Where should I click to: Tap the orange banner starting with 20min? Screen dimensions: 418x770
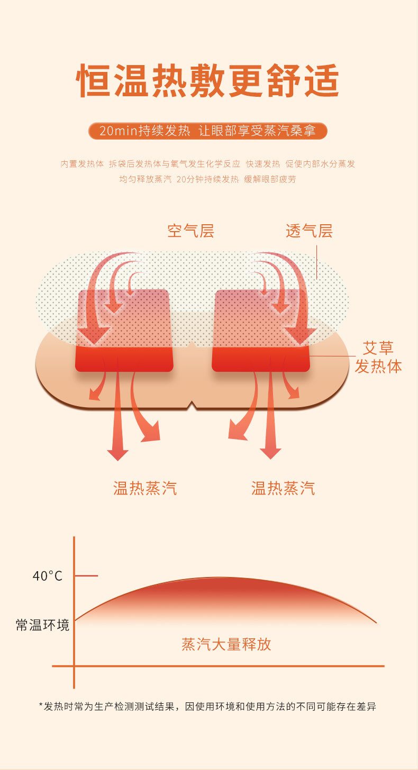[x=208, y=131]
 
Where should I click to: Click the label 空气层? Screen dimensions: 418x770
[x=190, y=231]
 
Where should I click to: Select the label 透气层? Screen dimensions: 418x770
[x=309, y=231]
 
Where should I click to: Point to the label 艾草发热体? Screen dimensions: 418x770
[x=378, y=357]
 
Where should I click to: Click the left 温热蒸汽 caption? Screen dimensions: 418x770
[x=145, y=488]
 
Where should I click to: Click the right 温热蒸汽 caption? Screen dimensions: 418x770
[x=283, y=488]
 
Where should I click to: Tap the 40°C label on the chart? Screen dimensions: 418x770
[x=48, y=576]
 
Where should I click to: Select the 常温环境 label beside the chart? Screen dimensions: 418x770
[x=42, y=625]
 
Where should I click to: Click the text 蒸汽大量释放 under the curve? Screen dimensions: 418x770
[x=226, y=644]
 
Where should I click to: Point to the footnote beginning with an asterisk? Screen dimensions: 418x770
[x=208, y=707]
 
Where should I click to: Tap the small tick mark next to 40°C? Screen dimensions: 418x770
[x=87, y=575]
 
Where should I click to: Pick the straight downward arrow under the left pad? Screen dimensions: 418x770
[x=117, y=423]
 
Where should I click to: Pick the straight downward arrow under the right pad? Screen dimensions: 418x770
[x=270, y=423]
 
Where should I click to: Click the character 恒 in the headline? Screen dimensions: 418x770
[x=94, y=81]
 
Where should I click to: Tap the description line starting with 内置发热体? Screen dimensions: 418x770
[x=208, y=164]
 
